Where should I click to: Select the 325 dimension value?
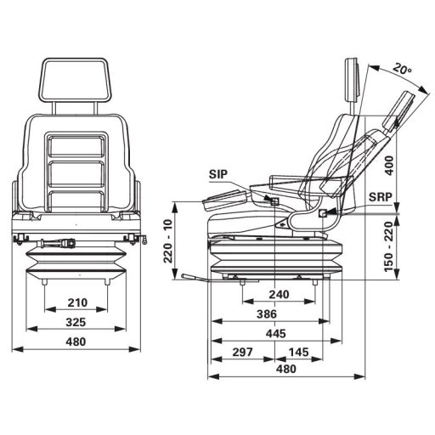click(x=77, y=323)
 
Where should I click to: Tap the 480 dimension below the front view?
click(x=77, y=342)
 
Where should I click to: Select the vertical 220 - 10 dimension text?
click(x=169, y=241)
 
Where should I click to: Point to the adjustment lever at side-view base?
click(x=195, y=277)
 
